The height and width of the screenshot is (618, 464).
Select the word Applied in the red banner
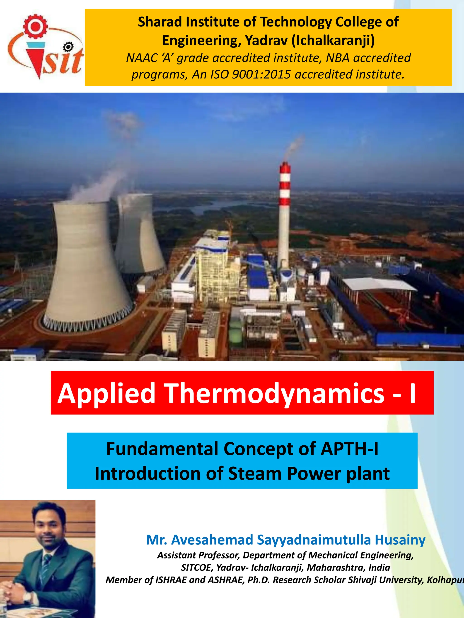(x=106, y=393)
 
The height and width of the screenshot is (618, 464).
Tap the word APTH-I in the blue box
(x=349, y=449)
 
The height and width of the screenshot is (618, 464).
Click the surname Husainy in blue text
(x=400, y=539)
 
